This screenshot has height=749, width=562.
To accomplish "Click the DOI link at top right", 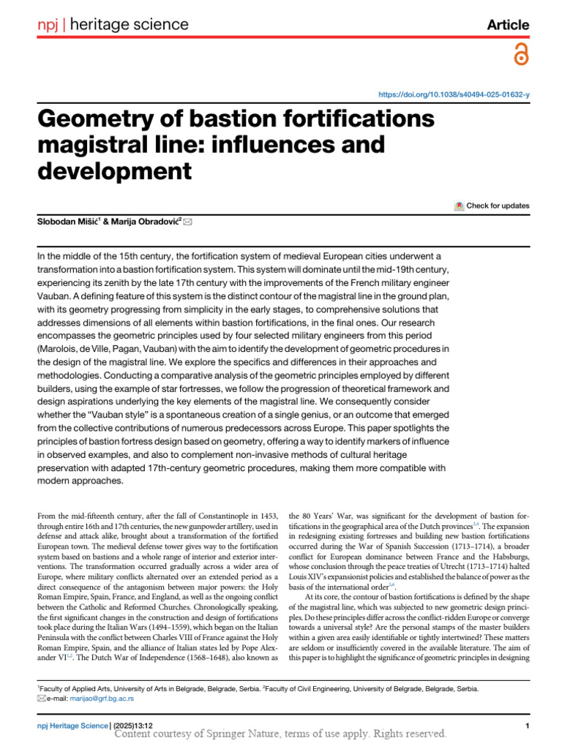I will tap(453, 95).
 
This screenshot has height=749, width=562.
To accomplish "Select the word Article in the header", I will tap(508, 25).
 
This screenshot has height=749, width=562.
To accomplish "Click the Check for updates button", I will tap(492, 206).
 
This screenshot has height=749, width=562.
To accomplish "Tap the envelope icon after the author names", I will tap(188, 222).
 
